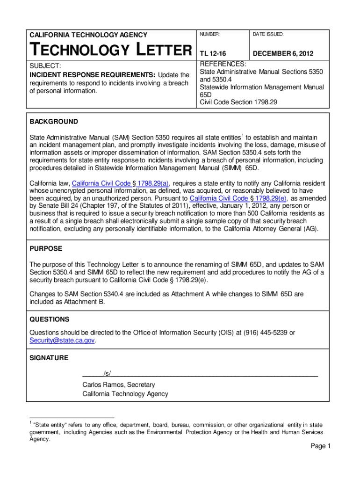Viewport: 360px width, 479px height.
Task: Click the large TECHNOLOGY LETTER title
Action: pyautogui.click(x=110, y=49)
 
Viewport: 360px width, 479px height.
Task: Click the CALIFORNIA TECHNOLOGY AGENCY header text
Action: pyautogui.click(x=88, y=35)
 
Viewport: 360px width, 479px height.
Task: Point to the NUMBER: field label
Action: pyautogui.click(x=210, y=35)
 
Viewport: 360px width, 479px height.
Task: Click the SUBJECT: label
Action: pyautogui.click(x=46, y=66)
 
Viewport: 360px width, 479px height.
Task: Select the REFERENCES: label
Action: pyautogui.click(x=223, y=64)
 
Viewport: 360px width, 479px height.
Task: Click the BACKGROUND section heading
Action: pyautogui.click(x=54, y=122)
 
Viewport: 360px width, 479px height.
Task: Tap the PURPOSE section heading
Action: pyautogui.click(x=46, y=248)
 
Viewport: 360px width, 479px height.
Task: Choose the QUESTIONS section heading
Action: pyautogui.click(x=50, y=319)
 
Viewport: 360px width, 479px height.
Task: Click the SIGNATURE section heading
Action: pyautogui.click(x=49, y=358)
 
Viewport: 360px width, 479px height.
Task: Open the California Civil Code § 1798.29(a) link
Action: pyautogui.click(x=121, y=183)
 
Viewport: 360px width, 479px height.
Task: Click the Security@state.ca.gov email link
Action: pyautogui.click(x=62, y=341)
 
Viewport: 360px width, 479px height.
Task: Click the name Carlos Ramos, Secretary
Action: pyautogui.click(x=118, y=385)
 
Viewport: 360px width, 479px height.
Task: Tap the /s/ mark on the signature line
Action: pyautogui.click(x=107, y=373)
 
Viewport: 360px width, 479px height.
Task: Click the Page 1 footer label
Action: pyautogui.click(x=321, y=446)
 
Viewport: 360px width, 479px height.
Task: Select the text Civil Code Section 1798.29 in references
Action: pyautogui.click(x=238, y=102)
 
